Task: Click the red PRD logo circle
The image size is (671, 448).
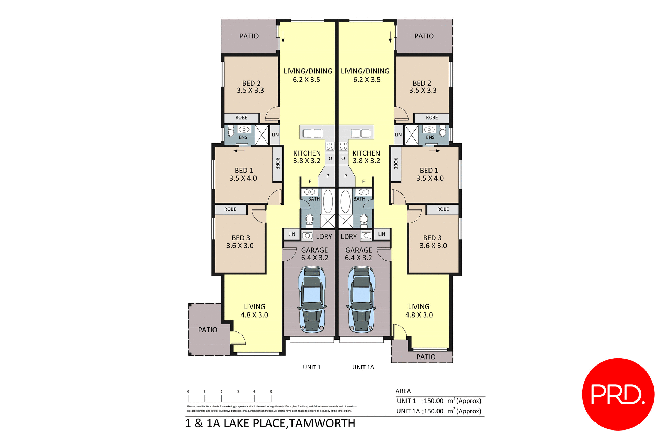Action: [618, 394]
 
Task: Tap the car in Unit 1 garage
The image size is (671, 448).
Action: [312, 299]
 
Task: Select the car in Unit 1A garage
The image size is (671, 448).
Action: [361, 299]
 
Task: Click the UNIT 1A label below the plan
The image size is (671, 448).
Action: [363, 367]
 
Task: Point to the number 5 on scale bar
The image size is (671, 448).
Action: [271, 392]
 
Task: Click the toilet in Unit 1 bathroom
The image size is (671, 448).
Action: [309, 220]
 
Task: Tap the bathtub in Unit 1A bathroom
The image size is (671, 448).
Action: [345, 202]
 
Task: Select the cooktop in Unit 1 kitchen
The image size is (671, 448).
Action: [330, 146]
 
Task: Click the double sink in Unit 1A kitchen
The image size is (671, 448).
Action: [361, 133]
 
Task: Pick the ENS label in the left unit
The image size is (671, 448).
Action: [243, 137]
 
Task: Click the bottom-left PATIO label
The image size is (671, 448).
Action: [208, 330]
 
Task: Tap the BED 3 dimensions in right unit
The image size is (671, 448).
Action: [433, 246]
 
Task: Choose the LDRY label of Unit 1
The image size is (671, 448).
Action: [324, 237]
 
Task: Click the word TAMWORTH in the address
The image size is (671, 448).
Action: [322, 423]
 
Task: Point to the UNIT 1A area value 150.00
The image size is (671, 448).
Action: [433, 411]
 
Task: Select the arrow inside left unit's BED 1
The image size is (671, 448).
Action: [239, 151]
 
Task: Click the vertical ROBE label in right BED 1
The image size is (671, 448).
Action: [396, 164]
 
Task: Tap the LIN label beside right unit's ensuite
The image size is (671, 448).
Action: [398, 135]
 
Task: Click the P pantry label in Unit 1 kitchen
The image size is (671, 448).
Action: [327, 176]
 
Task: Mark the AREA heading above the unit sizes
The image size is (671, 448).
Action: [403, 391]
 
